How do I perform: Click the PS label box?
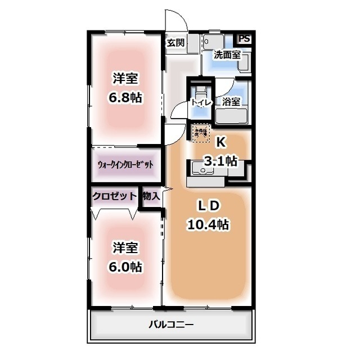tap(244, 38)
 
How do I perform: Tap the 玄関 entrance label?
tap(175, 43)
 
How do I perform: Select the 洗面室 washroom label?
tap(227, 55)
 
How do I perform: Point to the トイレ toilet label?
tap(201, 102)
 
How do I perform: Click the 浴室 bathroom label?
tap(231, 102)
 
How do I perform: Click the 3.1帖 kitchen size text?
tap(220, 161)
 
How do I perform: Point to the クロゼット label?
tap(115, 196)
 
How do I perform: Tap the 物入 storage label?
tap(151, 196)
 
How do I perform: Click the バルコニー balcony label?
tap(171, 325)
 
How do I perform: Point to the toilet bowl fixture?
tap(201, 90)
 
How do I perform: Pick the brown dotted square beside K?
tap(200, 133)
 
